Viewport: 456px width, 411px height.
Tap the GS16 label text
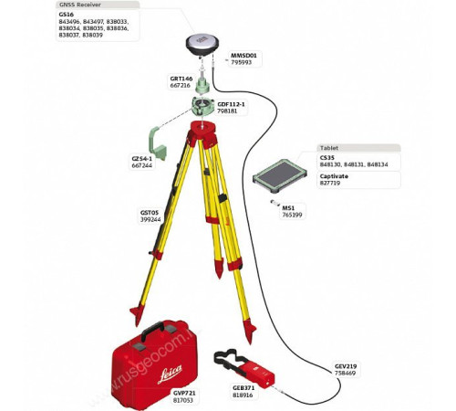(65, 16)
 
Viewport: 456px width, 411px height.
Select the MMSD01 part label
(244, 55)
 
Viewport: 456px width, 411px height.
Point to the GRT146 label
(181, 79)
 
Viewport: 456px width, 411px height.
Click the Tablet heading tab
(329, 147)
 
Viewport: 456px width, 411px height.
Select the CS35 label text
(326, 157)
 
